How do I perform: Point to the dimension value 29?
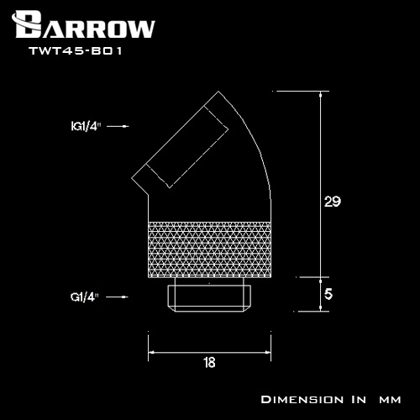332,202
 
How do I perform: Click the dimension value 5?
328,295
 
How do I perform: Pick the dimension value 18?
208,363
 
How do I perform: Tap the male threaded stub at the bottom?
208,297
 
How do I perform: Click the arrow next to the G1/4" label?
118,297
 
